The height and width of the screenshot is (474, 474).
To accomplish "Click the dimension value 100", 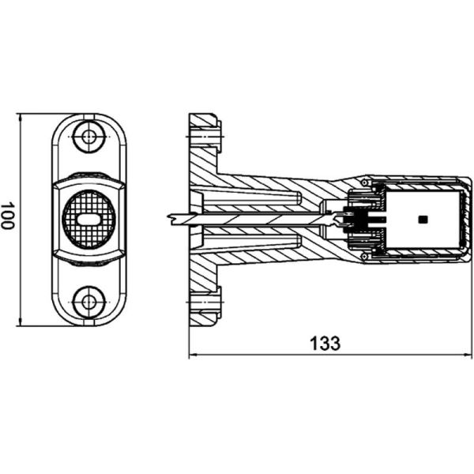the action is pyautogui.click(x=6, y=216).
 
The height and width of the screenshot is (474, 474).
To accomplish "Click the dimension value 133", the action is pyautogui.click(x=325, y=344).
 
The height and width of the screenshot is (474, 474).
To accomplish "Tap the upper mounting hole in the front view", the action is pyautogui.click(x=88, y=137).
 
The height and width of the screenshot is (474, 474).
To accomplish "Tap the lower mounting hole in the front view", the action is pyautogui.click(x=88, y=302).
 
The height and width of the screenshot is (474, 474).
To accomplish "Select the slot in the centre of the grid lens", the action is pyautogui.click(x=88, y=220).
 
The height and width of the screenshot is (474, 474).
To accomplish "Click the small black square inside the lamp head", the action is pyautogui.click(x=423, y=220).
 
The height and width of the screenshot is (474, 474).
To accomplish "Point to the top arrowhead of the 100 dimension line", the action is pyautogui.click(x=21, y=118).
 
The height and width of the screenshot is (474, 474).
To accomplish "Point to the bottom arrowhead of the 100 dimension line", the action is pyautogui.click(x=21, y=322).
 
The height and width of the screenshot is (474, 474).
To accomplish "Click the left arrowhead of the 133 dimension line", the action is pyautogui.click(x=194, y=354).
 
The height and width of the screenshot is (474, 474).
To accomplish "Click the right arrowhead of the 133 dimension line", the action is pyautogui.click(x=467, y=354).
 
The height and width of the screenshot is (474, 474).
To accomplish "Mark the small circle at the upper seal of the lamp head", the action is pyautogui.click(x=364, y=182).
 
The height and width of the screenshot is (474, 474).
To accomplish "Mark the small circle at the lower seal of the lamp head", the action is pyautogui.click(x=364, y=256).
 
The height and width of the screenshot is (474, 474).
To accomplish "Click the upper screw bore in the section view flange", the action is pyautogui.click(x=205, y=137).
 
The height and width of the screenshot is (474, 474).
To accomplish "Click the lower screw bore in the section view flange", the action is pyautogui.click(x=205, y=302).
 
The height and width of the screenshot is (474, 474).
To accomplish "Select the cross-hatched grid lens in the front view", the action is pyautogui.click(x=88, y=220).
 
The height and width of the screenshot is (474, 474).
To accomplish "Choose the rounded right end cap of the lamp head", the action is pyautogui.click(x=465, y=220).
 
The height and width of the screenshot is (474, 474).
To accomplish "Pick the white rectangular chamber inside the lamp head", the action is pyautogui.click(x=423, y=220).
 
